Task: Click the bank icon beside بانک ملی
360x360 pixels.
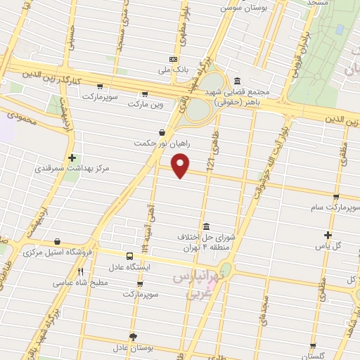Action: pos(174,59)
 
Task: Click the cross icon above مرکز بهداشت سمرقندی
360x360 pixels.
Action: pos(72,158)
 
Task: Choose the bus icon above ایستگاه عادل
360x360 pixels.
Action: pos(129,257)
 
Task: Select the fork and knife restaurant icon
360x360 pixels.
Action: pos(80,272)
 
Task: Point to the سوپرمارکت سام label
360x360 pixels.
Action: pos(337,208)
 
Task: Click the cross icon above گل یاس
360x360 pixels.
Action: pos(328,235)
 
